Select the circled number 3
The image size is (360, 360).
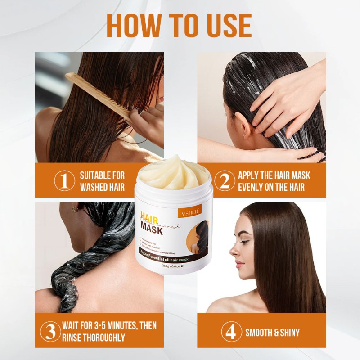point(51,332)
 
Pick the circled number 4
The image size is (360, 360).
point(230,333)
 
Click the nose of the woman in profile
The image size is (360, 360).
point(231,251)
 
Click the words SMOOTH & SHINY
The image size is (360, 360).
point(272,333)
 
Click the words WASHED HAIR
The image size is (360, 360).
point(102,187)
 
